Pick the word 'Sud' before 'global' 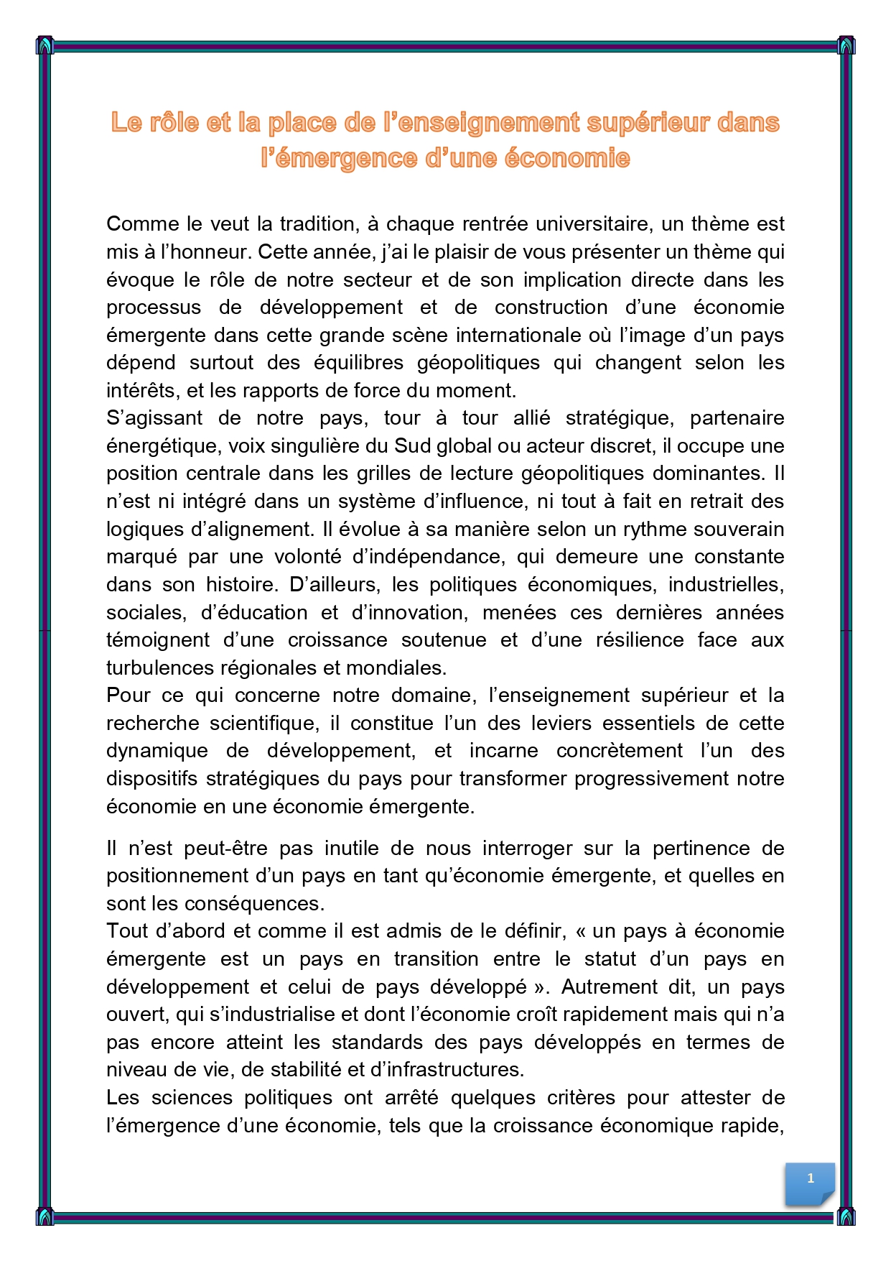(x=412, y=445)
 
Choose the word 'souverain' (x=740, y=529)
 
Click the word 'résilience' (x=640, y=639)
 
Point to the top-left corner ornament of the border (x=45, y=45)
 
